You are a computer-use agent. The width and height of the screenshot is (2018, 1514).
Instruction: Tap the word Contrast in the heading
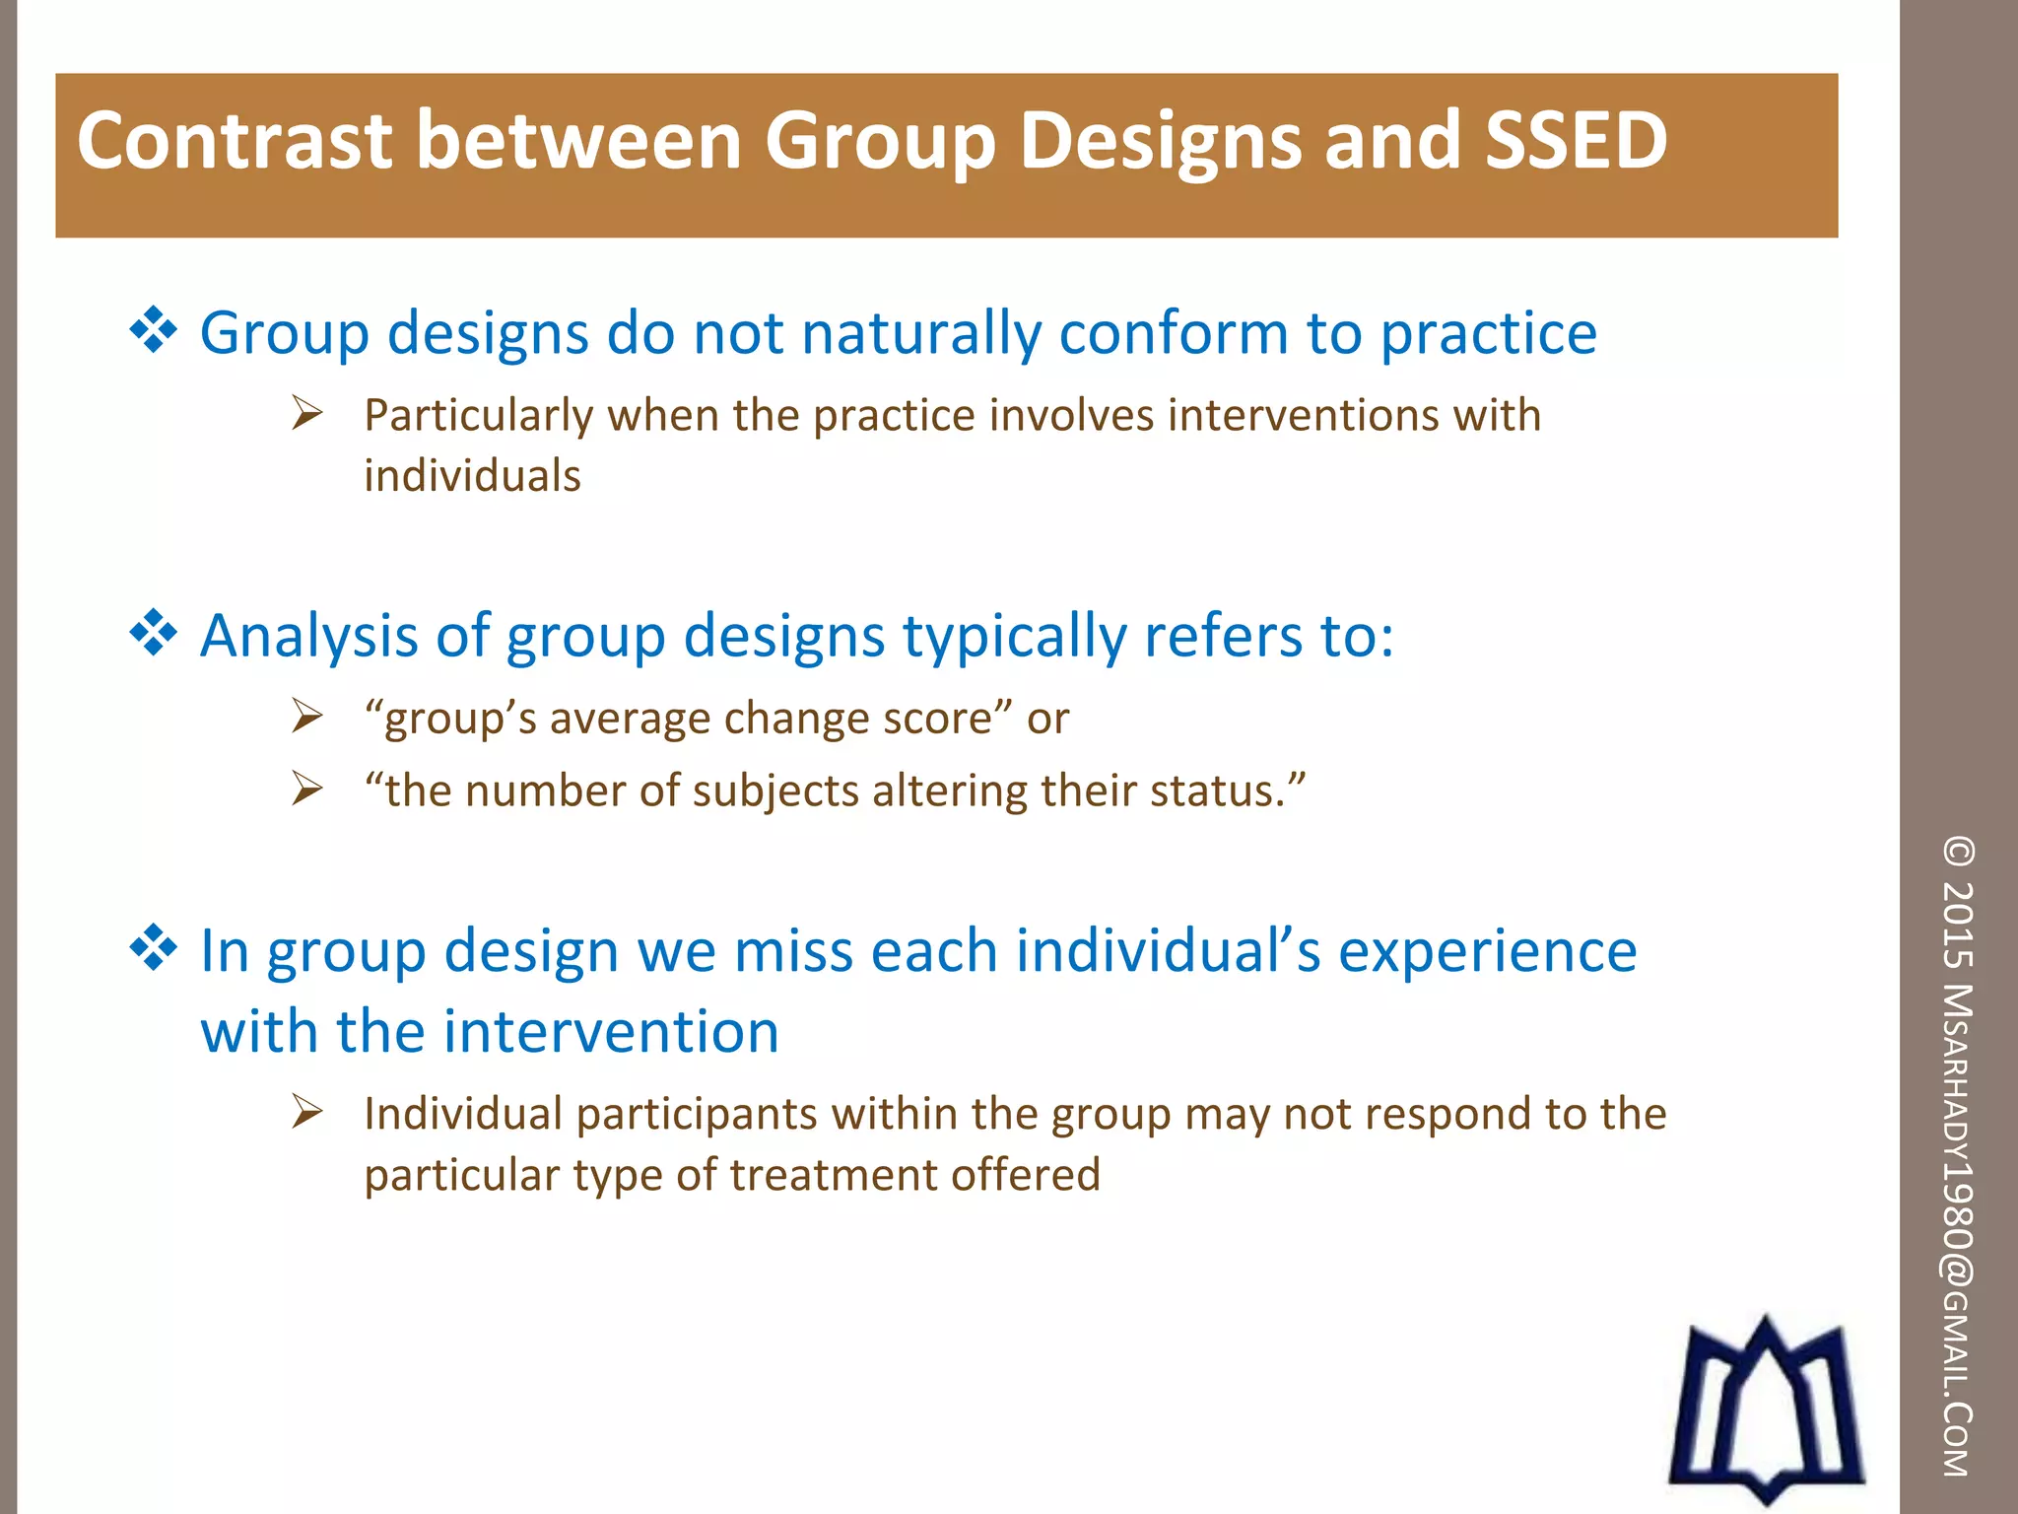coord(235,141)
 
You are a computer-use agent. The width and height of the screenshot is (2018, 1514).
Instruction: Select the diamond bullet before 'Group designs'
coord(154,330)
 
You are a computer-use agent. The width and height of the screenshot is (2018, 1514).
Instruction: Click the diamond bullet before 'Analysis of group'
coord(154,633)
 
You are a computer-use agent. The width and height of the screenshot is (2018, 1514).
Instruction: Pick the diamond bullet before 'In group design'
coord(154,948)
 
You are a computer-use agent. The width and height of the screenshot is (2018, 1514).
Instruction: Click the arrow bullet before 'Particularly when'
coord(307,413)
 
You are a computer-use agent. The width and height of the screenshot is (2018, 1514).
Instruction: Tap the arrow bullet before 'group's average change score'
coord(307,717)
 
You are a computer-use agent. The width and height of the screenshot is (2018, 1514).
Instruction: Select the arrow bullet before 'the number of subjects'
coord(307,790)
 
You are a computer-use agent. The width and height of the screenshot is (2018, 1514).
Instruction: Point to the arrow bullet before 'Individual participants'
coord(307,1113)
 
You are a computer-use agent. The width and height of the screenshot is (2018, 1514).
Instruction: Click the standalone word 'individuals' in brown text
coord(472,476)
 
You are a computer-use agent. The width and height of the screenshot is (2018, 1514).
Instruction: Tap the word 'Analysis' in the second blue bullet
coord(308,637)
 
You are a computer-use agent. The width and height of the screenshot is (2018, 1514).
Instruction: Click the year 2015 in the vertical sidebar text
coord(1957,925)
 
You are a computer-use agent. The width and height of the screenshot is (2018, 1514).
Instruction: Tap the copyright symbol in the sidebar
coord(1957,853)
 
